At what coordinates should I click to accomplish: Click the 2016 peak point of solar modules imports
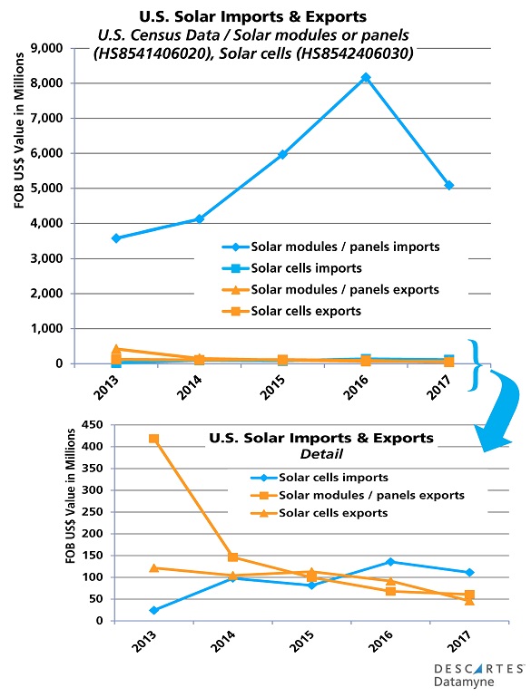coord(366,78)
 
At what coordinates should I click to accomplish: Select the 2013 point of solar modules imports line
coord(116,238)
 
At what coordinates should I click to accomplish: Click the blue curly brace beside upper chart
coord(475,364)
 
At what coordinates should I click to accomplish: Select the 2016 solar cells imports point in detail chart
coord(365,562)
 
